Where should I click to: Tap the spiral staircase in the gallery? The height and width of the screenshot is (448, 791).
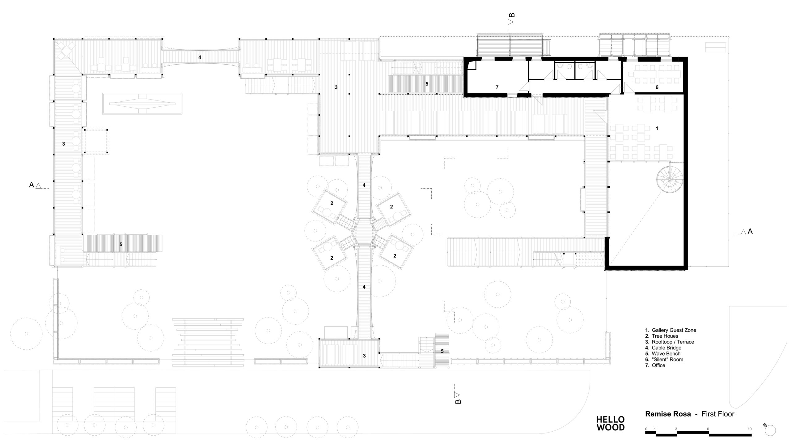tap(669, 179)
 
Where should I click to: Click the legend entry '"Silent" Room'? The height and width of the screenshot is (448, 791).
tap(667, 360)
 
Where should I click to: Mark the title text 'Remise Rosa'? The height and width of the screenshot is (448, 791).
tap(668, 414)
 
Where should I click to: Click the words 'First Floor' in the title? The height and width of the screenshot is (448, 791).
tap(718, 414)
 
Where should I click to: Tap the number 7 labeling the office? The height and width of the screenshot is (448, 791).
tap(497, 87)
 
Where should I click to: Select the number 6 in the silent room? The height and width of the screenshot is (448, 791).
tap(657, 87)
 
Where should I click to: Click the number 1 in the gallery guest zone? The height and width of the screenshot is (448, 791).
tap(657, 128)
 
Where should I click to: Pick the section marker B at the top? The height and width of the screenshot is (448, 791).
tap(511, 19)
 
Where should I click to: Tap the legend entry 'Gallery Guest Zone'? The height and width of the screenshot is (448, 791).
tap(670, 330)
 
